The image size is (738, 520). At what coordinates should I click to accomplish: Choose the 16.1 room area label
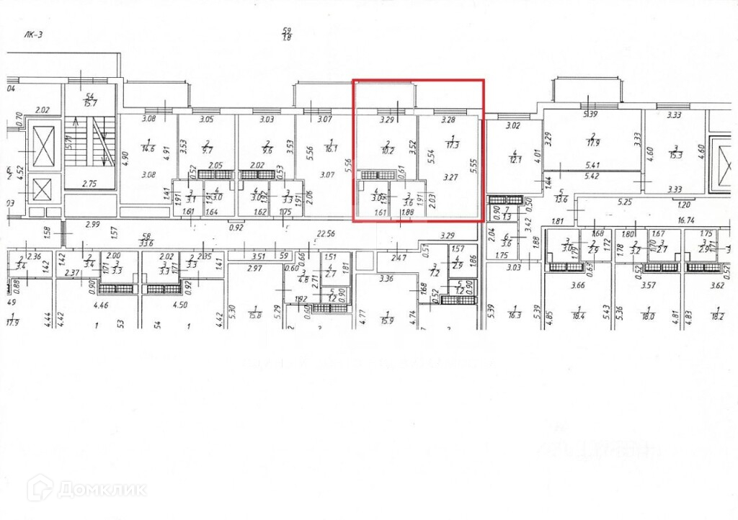point(332,150)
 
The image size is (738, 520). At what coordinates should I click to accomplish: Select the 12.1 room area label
point(515,158)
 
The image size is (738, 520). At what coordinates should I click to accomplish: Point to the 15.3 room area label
point(675,154)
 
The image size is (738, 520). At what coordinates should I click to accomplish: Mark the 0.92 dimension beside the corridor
point(235,228)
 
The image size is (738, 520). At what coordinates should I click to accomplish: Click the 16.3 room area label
point(514,315)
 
